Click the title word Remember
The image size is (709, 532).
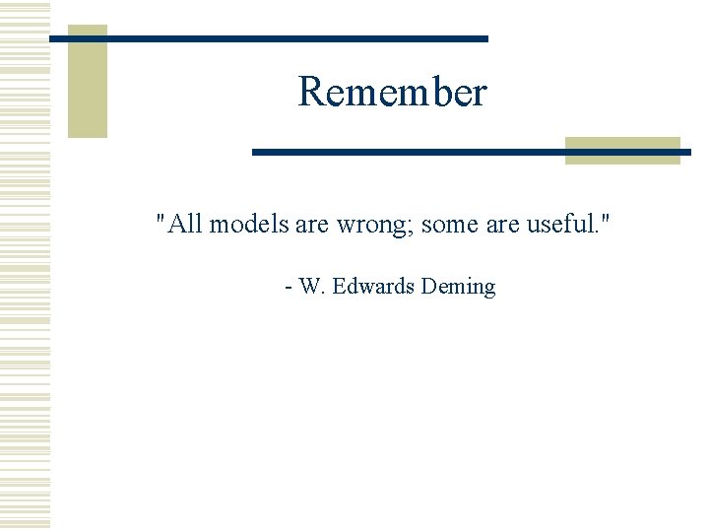[392, 93]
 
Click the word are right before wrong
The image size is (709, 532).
[312, 225]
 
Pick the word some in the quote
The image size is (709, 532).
[450, 225]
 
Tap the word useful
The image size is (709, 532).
[561, 225]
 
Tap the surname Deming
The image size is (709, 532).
[458, 288]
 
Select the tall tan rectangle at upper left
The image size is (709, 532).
[87, 81]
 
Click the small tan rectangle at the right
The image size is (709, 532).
[622, 150]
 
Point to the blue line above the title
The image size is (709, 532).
[268, 38]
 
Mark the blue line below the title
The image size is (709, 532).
[471, 152]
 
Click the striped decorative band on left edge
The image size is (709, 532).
[25, 266]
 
